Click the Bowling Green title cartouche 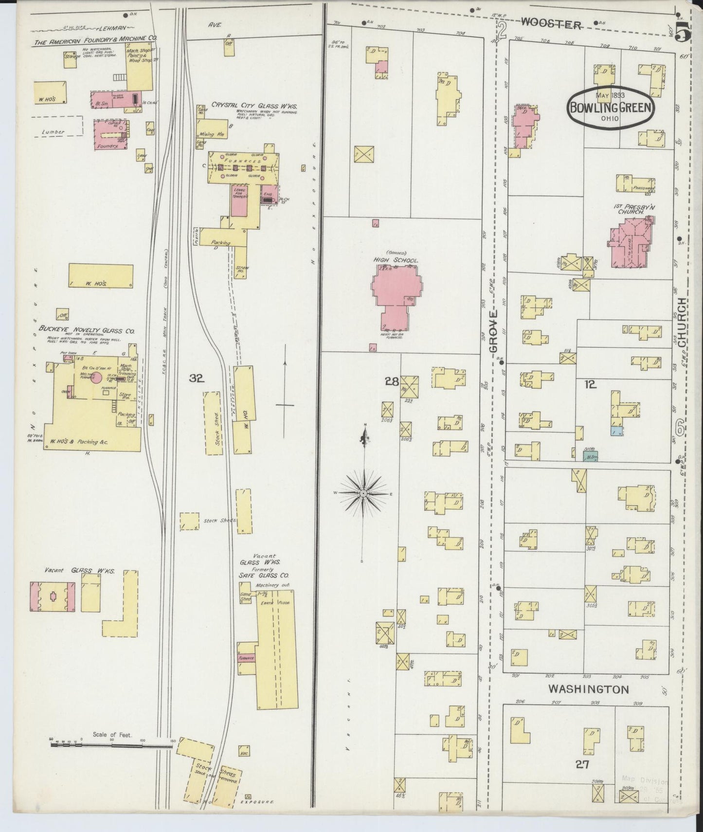pos(610,108)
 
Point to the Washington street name pos(588,689)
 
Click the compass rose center pos(363,494)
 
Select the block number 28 pos(392,382)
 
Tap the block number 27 pos(582,764)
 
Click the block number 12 pos(590,384)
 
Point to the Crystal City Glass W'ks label pos(253,106)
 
